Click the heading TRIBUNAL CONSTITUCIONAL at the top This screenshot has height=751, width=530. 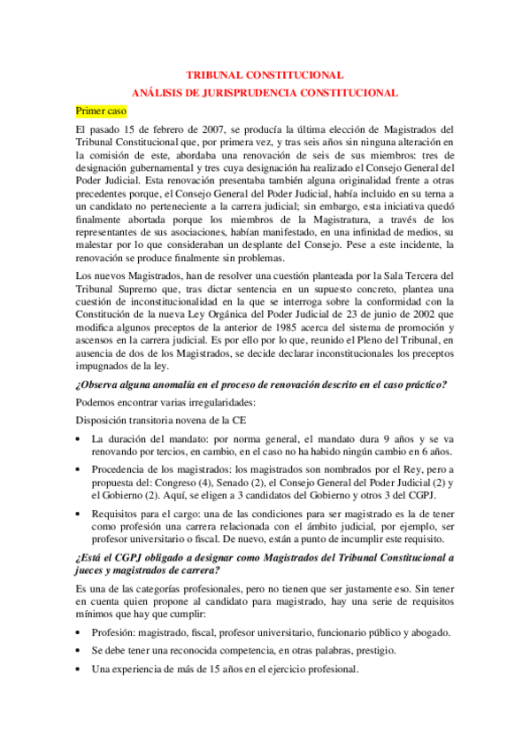(265, 76)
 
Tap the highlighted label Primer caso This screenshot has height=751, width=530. (101, 111)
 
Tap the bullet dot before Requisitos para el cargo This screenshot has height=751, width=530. (80, 513)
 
